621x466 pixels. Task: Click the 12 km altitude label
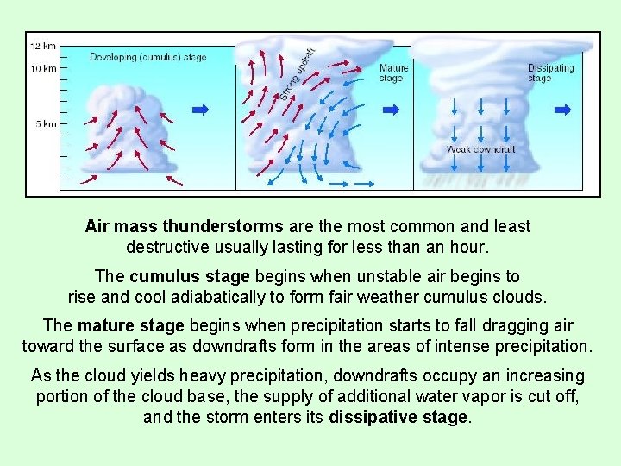pos(43,44)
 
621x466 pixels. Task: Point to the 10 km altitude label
pos(43,67)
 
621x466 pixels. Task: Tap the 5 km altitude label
pos(46,124)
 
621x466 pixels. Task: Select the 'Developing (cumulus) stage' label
pos(147,57)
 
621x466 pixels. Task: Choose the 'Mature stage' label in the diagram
pos(393,72)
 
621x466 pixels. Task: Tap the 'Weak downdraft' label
pos(480,149)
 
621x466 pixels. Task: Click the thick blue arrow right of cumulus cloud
pos(200,110)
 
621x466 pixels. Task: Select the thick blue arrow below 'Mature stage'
pos(391,110)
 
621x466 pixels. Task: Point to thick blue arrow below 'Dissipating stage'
pos(562,110)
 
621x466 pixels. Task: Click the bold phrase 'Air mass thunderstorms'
pos(184,226)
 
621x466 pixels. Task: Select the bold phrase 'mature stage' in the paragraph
pos(130,326)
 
